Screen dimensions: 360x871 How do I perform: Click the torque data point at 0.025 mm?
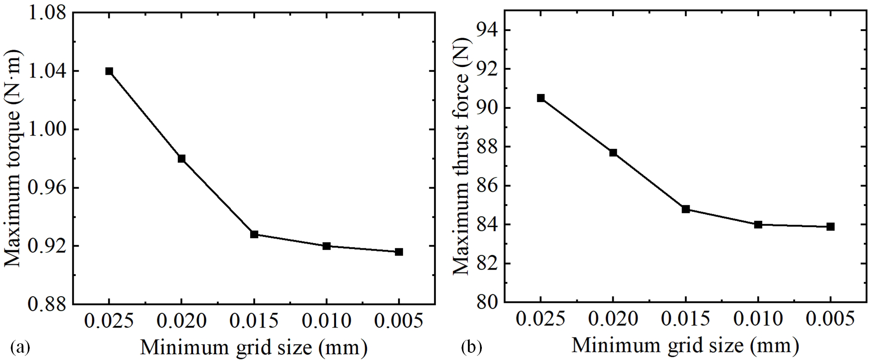(109, 71)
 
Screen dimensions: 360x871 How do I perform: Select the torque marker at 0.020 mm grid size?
(181, 158)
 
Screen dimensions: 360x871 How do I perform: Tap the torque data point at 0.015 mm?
(254, 234)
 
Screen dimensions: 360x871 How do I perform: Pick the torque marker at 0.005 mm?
(399, 252)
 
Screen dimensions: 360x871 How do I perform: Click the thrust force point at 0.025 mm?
(541, 98)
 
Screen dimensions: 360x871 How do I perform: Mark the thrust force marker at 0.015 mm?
(686, 209)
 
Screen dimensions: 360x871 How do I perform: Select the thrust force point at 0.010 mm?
(758, 225)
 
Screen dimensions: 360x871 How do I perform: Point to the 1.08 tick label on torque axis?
(46, 13)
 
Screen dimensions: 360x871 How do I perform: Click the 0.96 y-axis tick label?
(46, 188)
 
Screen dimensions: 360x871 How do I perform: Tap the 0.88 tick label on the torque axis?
(46, 305)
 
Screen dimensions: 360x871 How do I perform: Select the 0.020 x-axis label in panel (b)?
(613, 319)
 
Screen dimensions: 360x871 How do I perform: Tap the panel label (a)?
(20, 347)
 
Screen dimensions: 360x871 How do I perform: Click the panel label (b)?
(472, 347)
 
